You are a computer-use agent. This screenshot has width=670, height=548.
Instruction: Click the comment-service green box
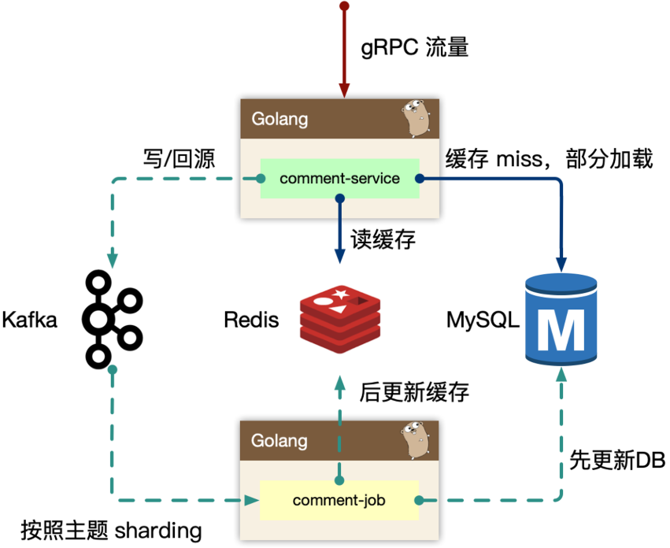(x=339, y=179)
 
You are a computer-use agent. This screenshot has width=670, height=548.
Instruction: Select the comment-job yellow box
(x=339, y=500)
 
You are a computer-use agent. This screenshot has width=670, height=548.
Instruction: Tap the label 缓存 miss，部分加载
(x=549, y=157)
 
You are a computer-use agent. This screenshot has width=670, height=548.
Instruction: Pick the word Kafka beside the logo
(x=30, y=320)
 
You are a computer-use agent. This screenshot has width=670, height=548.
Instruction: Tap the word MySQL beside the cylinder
(x=483, y=320)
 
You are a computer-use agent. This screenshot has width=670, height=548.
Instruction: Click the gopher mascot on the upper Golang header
(x=415, y=117)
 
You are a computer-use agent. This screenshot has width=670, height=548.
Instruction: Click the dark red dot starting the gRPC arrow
(x=343, y=6)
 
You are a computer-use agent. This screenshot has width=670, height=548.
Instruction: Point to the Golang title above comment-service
(x=279, y=120)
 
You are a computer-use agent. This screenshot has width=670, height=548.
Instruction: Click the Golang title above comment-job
(x=279, y=441)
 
